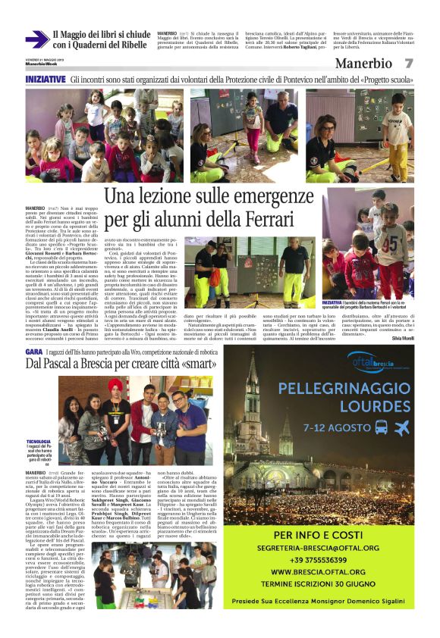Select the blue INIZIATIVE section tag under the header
click(45, 79)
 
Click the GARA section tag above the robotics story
click(33, 353)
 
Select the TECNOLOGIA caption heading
click(39, 441)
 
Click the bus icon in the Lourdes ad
click(381, 426)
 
